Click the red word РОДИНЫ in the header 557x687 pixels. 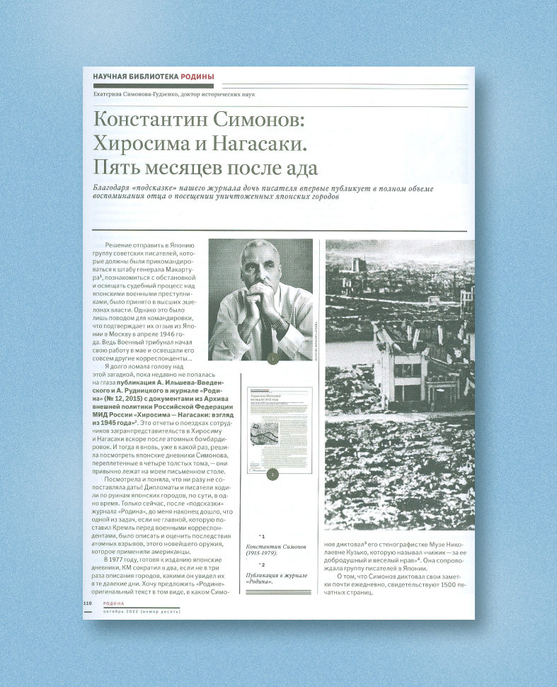(197, 76)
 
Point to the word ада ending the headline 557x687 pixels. (299, 169)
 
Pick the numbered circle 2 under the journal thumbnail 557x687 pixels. (273, 474)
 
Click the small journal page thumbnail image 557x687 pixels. (273, 428)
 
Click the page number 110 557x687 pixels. (88, 602)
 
